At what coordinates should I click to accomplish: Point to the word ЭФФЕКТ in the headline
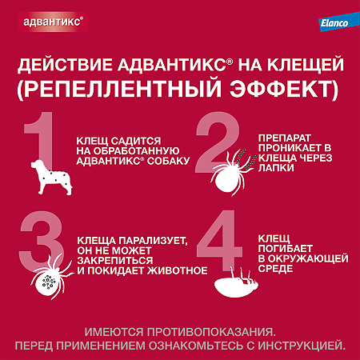(x=260, y=86)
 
